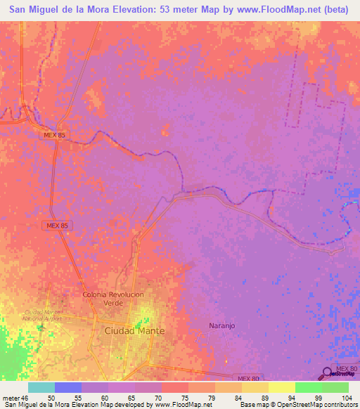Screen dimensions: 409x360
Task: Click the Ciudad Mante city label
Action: pos(134,330)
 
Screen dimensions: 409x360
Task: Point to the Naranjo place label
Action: pos(221,325)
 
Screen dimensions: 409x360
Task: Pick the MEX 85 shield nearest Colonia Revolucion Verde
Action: pos(55,225)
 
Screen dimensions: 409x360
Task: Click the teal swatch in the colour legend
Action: pos(41,388)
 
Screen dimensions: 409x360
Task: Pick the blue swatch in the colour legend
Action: pos(68,388)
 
